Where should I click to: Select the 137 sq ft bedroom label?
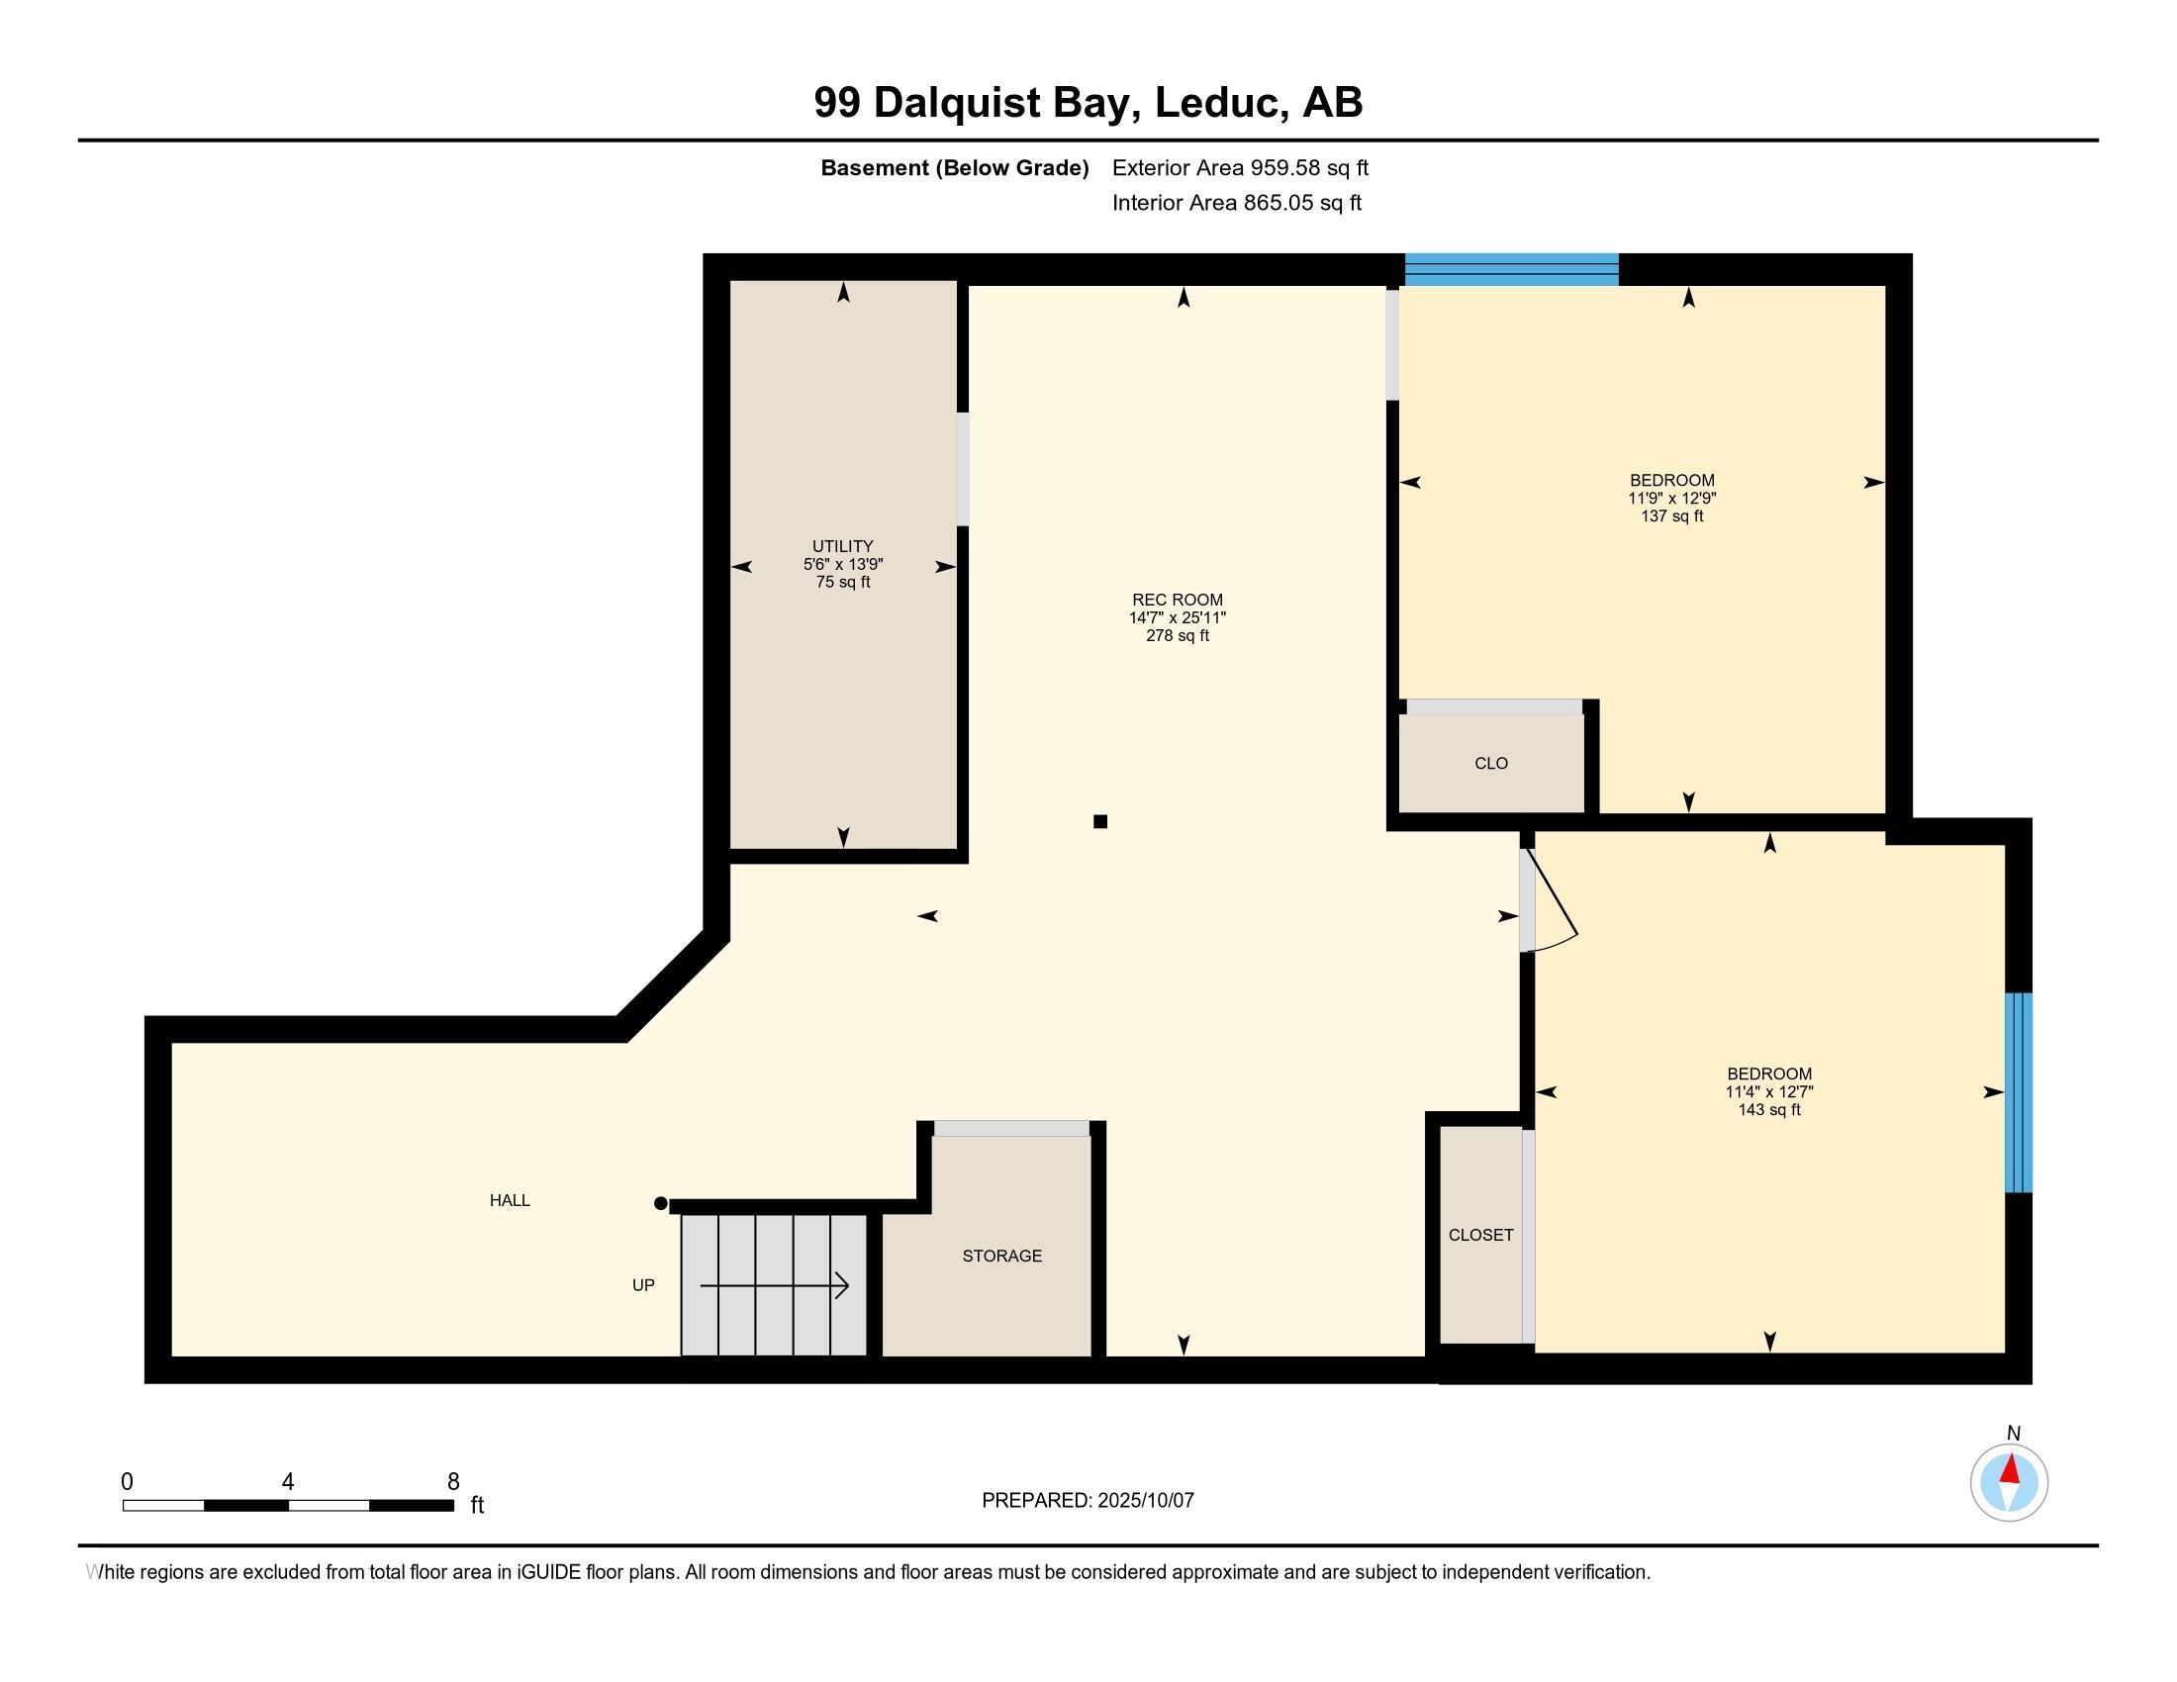pyautogui.click(x=1671, y=498)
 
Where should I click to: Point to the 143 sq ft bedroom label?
pyautogui.click(x=1768, y=1091)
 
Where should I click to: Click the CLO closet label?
pyautogui.click(x=1490, y=763)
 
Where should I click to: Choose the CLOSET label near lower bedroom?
pyautogui.click(x=1480, y=1235)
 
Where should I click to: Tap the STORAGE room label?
pyautogui.click(x=1001, y=1256)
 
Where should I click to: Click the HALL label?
pyautogui.click(x=510, y=1201)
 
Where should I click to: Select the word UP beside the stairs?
pyautogui.click(x=643, y=1285)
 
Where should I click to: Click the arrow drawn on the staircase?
pyautogui.click(x=775, y=1285)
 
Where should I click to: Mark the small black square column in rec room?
pyautogui.click(x=1100, y=821)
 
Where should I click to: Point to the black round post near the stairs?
pyautogui.click(x=660, y=1204)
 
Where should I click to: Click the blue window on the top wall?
pyautogui.click(x=1511, y=270)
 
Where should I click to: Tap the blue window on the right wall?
pyautogui.click(x=2018, y=1092)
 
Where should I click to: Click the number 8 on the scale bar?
pyautogui.click(x=453, y=1482)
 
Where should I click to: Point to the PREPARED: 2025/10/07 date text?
pyautogui.click(x=1088, y=1500)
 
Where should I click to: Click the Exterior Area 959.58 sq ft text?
pyautogui.click(x=1240, y=167)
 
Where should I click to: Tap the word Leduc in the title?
pyautogui.click(x=1216, y=103)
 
